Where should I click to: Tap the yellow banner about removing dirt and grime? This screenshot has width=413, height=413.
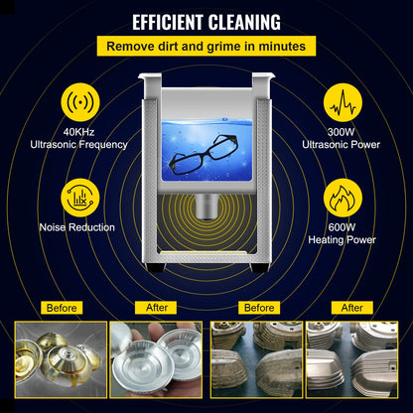206,46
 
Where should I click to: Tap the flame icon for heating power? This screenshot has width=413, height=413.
343,196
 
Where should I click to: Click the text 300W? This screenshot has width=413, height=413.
343,131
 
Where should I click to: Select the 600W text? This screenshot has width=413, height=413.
343,224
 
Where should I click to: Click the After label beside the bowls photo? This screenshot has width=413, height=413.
157,308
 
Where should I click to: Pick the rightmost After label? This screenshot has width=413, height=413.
352,308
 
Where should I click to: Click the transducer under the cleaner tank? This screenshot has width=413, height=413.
206,206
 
